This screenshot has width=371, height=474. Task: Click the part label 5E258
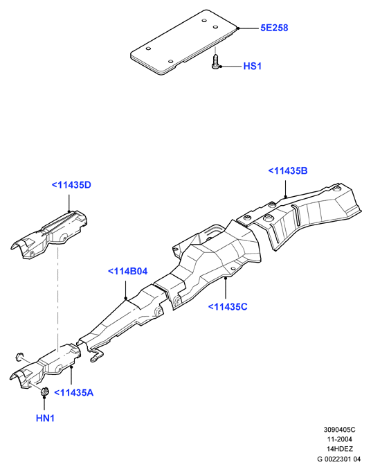274,28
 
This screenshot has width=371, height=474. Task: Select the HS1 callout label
253,67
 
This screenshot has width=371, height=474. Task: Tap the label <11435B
288,170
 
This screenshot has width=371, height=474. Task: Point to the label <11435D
71,185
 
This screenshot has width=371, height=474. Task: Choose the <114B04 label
127,271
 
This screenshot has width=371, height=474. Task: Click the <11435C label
228,307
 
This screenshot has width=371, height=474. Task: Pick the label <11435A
74,393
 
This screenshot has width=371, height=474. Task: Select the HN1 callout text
45,419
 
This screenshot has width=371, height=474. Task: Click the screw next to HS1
215,62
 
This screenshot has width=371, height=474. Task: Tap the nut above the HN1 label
45,391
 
